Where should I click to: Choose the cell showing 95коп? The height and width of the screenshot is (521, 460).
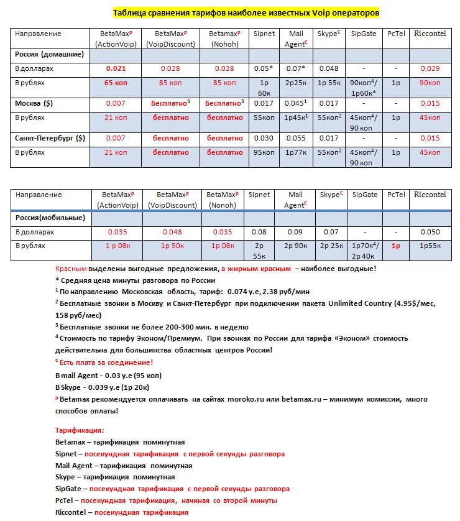click(x=259, y=152)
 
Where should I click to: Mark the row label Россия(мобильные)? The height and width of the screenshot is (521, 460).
click(x=48, y=218)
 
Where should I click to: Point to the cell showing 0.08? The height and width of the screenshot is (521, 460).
click(x=259, y=232)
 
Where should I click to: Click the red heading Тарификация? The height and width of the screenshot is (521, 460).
click(x=80, y=430)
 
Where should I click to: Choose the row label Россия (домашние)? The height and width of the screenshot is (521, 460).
click(x=49, y=55)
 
